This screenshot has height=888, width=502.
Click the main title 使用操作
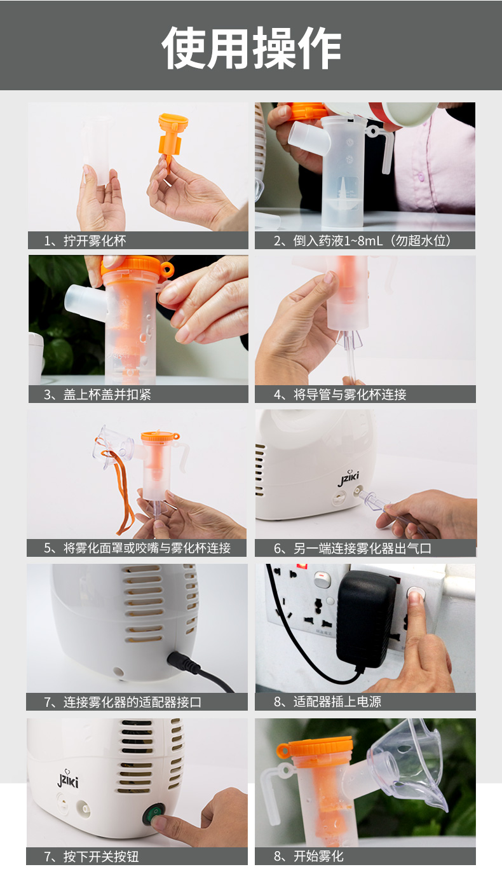coord(251,48)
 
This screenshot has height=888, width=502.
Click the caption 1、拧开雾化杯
coord(85,241)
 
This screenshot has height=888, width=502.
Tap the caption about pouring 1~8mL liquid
coord(362,241)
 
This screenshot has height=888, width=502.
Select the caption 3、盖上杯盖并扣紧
coord(97,395)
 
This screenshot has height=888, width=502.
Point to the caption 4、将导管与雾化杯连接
coord(340,395)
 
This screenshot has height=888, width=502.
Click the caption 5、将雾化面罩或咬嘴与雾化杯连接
coord(137,548)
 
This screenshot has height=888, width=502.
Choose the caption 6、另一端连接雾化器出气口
coord(353,549)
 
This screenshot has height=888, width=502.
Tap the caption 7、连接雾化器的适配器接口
coord(123,702)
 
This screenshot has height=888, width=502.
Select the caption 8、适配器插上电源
coord(328,702)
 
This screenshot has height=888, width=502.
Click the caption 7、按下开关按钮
coord(91,856)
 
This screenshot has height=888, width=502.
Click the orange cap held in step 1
coord(172,136)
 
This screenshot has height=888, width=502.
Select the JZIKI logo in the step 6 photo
coord(348,478)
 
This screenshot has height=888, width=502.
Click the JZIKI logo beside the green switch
coord(68,779)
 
